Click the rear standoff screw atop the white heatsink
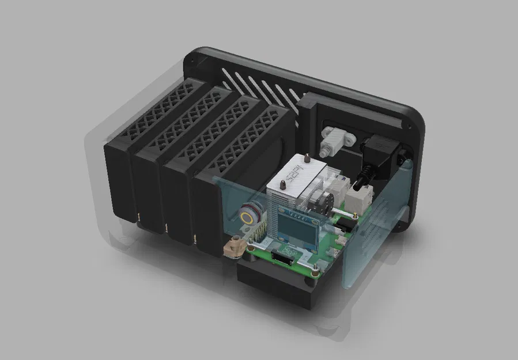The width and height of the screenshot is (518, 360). point(307,157)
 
